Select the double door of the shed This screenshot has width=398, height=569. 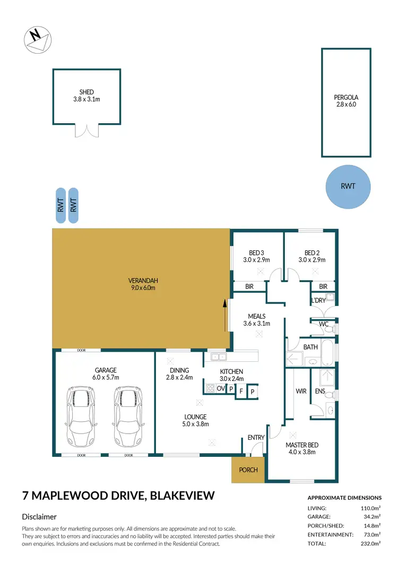click(86, 130)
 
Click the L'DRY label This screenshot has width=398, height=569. click(318, 301)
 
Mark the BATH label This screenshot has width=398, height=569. click(310, 347)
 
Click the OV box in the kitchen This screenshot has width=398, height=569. click(221, 389)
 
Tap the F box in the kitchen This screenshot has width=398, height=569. click(241, 392)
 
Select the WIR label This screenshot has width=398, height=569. click(301, 392)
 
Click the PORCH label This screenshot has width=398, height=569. click(248, 470)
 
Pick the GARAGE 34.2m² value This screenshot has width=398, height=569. click(371, 516)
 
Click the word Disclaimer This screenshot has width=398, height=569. click(39, 516)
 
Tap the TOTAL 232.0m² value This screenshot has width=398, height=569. click(371, 543)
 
